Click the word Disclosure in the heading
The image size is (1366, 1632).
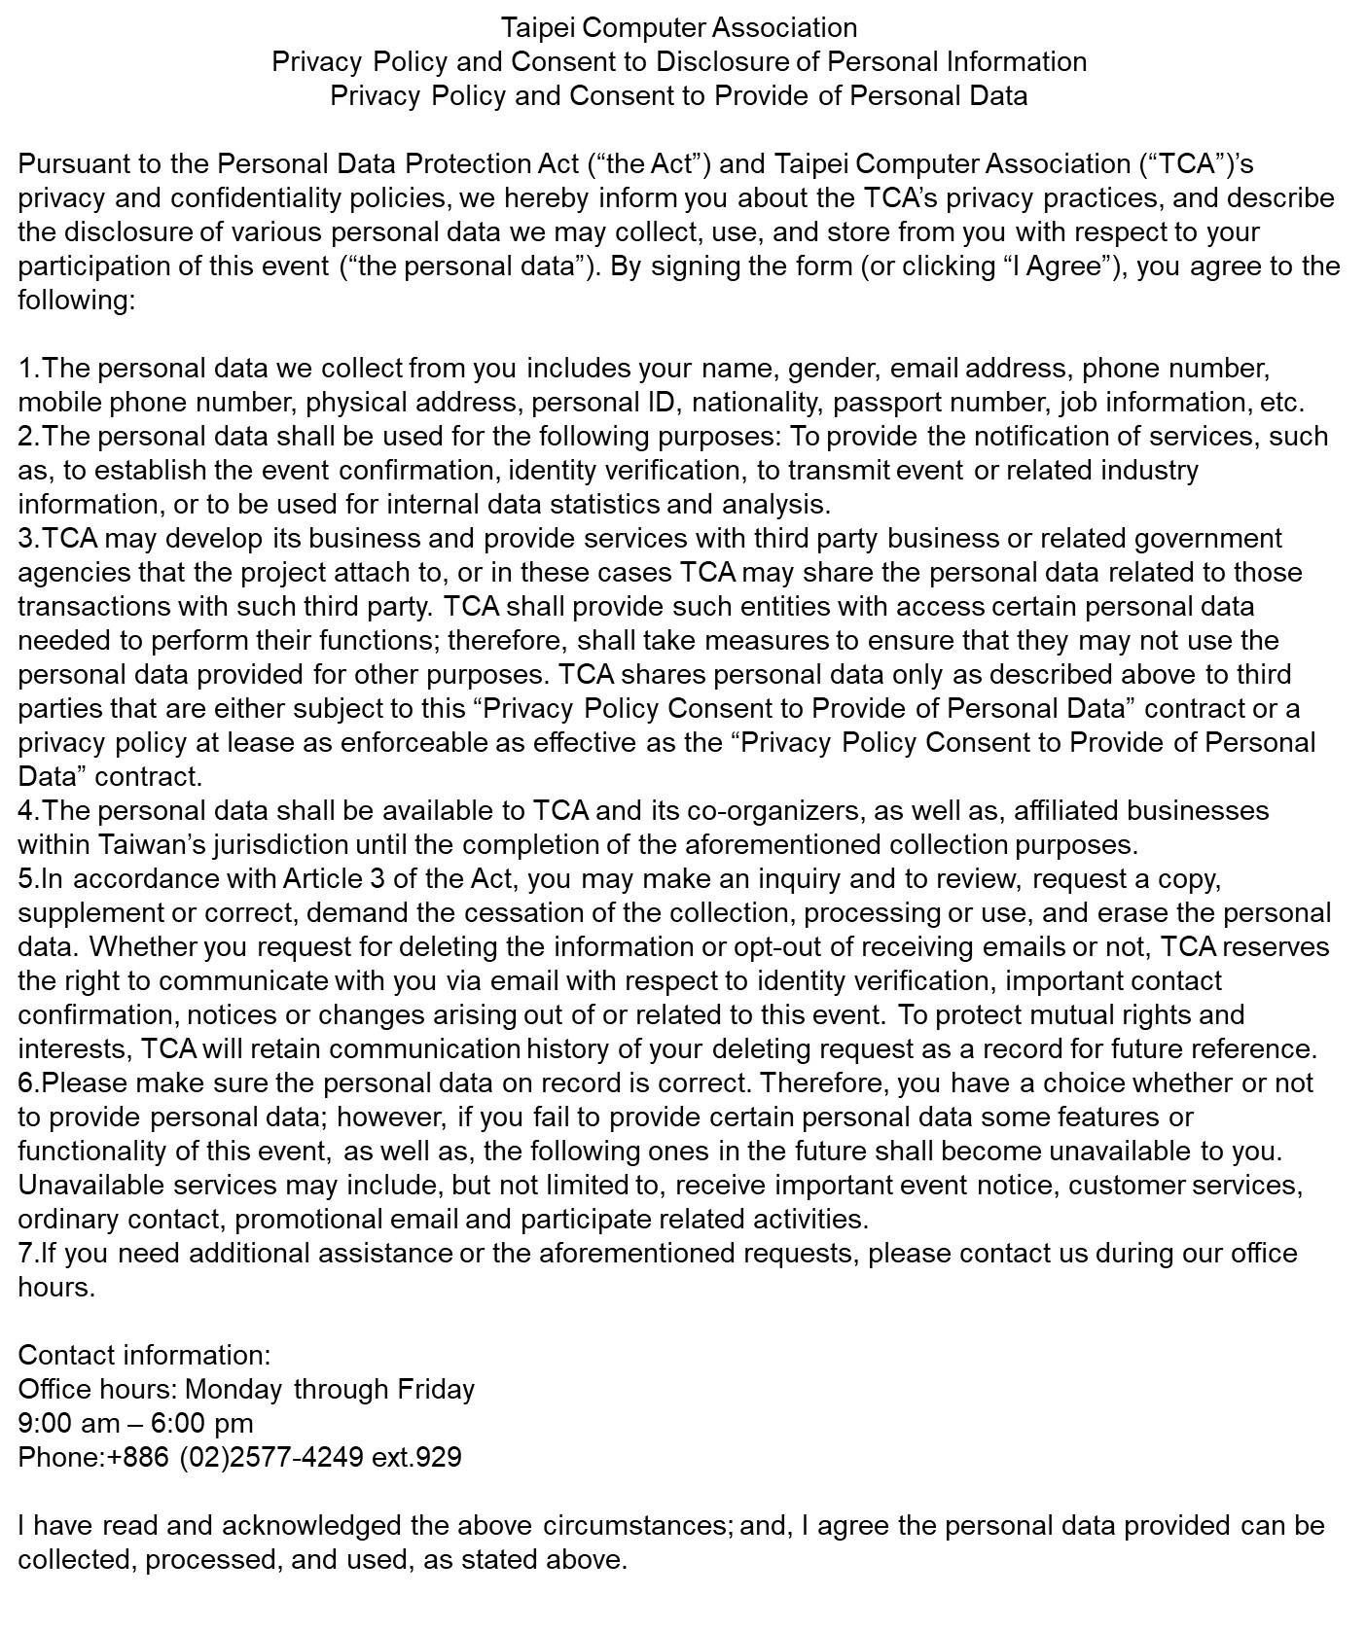722,61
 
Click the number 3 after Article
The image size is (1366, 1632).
377,878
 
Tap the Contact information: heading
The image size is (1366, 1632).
144,1355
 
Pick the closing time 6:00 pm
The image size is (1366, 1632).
201,1423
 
